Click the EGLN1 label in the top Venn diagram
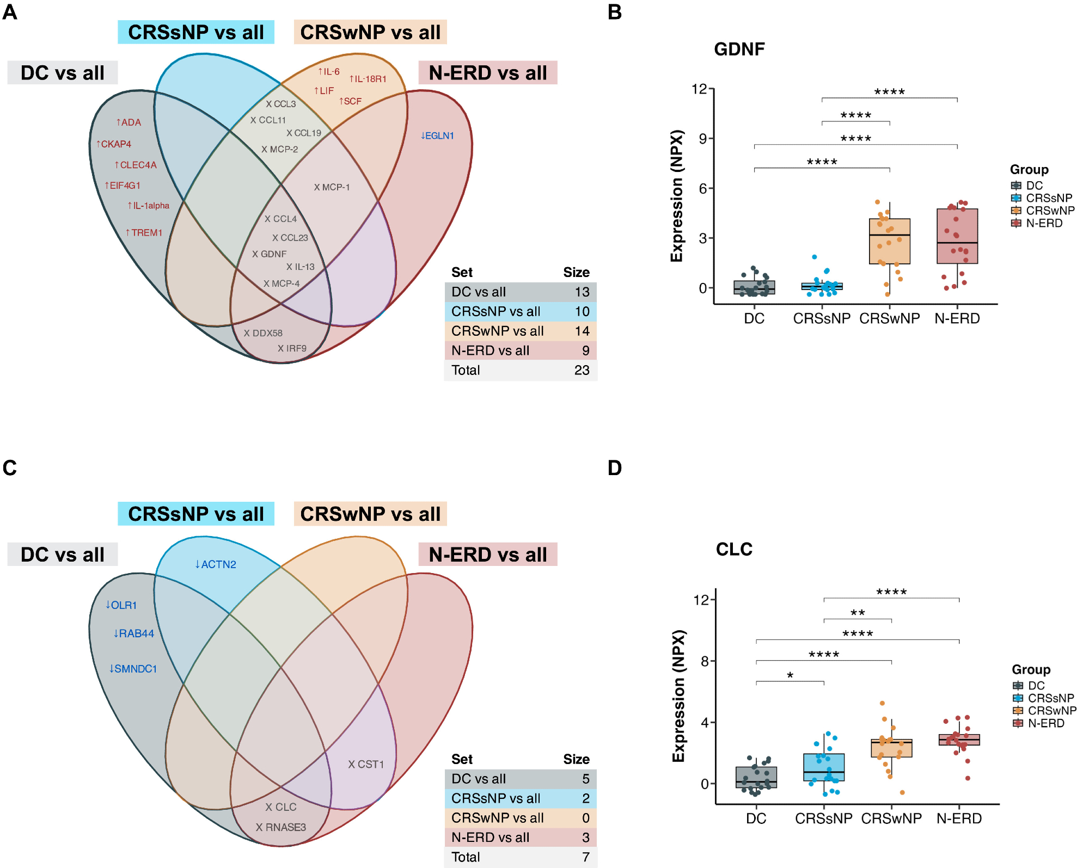(437, 136)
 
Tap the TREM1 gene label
(144, 232)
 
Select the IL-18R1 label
(368, 79)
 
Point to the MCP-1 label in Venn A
(332, 187)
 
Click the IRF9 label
(292, 348)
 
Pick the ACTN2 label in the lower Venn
(216, 564)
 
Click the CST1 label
(366, 764)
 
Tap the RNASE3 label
(281, 827)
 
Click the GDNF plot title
(739, 50)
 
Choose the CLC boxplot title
(734, 550)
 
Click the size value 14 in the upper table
(582, 331)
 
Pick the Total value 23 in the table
(582, 370)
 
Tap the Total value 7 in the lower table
(585, 857)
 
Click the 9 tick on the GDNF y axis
(703, 139)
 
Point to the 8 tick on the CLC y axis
(705, 661)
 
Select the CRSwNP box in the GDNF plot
(890, 241)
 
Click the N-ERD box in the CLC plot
(959, 740)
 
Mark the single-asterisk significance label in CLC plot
(790, 675)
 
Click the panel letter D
(615, 468)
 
